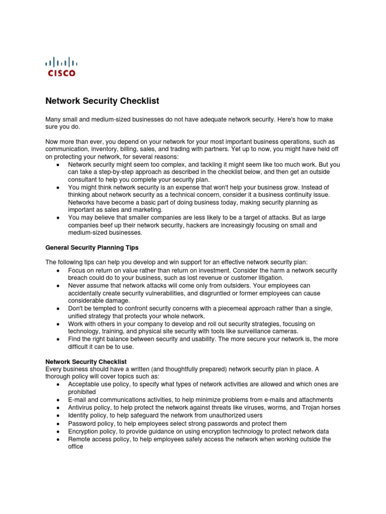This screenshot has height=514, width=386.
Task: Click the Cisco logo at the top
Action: [x=61, y=67]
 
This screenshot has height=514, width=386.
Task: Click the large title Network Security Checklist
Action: [x=102, y=101]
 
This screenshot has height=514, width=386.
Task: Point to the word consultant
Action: [x=84, y=179]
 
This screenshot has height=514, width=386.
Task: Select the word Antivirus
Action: [x=81, y=407]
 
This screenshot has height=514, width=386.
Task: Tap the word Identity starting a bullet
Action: [x=79, y=415]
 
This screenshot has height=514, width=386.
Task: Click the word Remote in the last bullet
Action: [x=79, y=439]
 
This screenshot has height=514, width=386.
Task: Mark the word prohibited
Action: [x=82, y=392]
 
